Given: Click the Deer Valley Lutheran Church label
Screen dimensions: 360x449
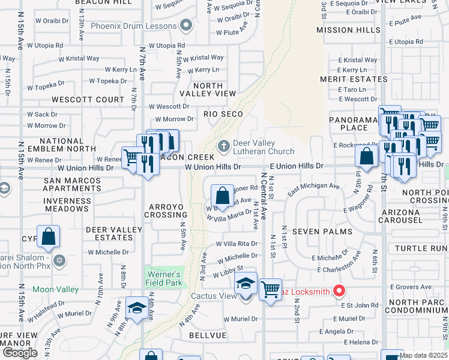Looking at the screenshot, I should coord(264,148).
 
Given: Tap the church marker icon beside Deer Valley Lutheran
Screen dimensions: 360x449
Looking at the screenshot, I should coord(223,146).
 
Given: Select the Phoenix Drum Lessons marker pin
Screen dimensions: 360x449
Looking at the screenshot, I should coord(186,25).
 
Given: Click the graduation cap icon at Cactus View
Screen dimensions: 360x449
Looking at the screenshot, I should coord(245,283).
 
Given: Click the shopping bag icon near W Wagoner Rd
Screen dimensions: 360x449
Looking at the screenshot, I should coord(222,196).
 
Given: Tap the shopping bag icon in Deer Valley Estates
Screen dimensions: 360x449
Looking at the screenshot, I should coord(48,237).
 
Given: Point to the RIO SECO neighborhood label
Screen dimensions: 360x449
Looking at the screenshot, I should coord(223,114).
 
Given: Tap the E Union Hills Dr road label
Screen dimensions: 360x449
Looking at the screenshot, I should coord(297,166).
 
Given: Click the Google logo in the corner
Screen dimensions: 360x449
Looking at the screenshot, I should coord(20,353).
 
